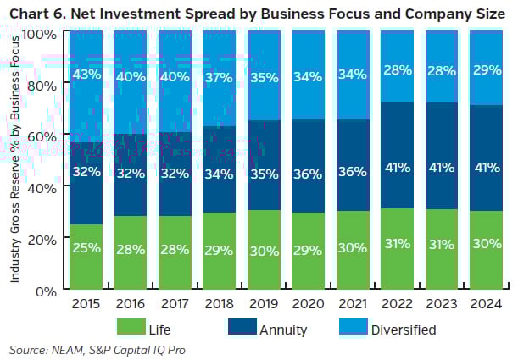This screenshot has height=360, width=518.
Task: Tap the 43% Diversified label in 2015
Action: (x=86, y=75)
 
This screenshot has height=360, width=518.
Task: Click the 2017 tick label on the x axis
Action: (x=175, y=302)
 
